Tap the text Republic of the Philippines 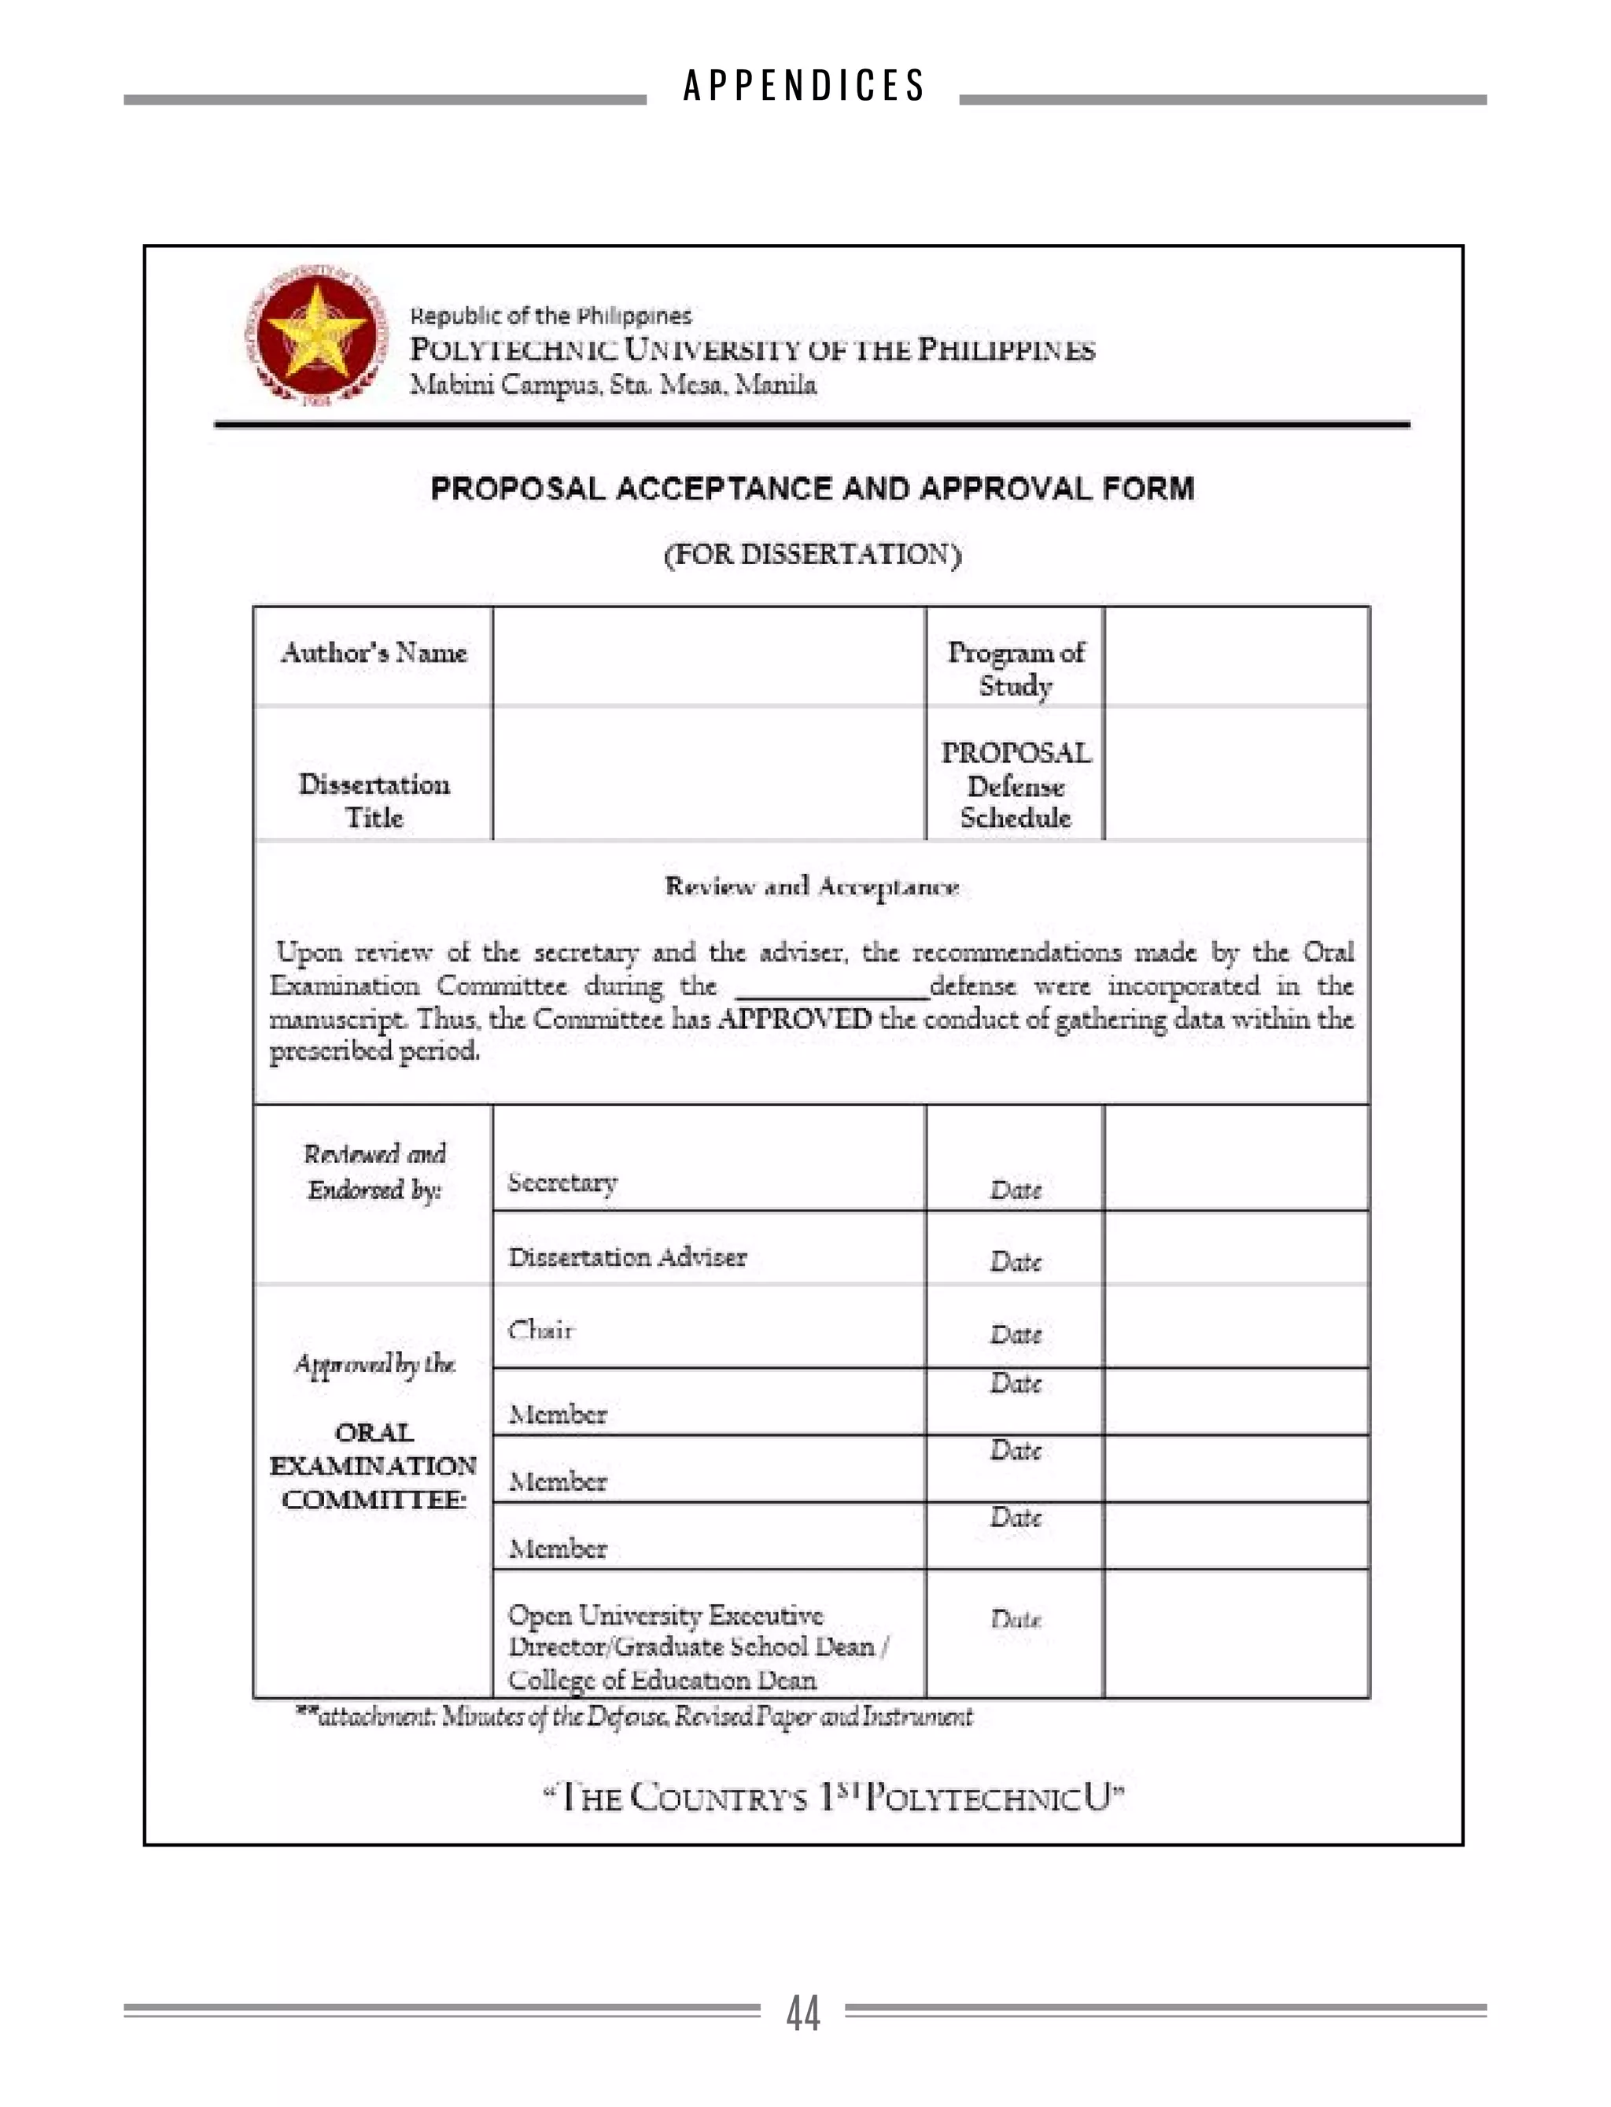tap(551, 315)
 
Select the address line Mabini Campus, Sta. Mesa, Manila tap(613, 385)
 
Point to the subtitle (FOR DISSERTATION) tap(813, 555)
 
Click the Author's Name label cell tap(373, 653)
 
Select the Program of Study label tap(1015, 669)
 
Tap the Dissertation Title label tap(373, 801)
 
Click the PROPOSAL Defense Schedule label tap(1015, 784)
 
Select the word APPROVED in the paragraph tap(794, 1019)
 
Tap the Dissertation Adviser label tap(627, 1257)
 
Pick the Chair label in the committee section tap(541, 1330)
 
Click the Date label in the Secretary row tap(1015, 1190)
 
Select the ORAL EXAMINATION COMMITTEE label tap(373, 1466)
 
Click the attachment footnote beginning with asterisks tap(633, 1716)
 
